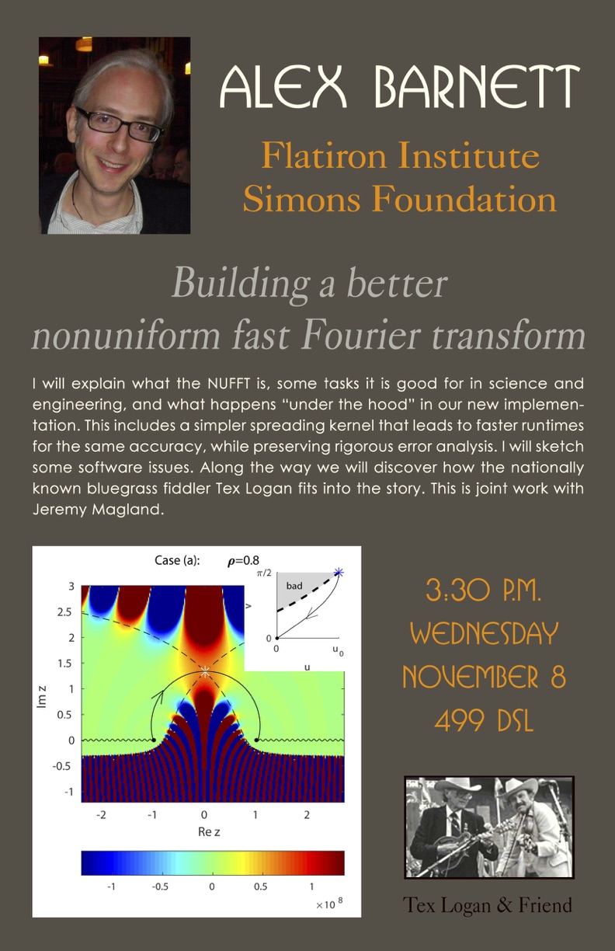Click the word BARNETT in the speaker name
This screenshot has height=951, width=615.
[477, 86]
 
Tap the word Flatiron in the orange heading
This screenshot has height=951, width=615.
[323, 155]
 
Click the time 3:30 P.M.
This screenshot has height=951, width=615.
[484, 590]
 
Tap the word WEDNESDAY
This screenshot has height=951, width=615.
[484, 633]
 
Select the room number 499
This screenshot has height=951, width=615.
[460, 720]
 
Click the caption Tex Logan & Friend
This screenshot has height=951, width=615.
[487, 904]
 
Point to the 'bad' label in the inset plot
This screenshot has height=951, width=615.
[294, 586]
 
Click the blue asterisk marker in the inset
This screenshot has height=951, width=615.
[339, 573]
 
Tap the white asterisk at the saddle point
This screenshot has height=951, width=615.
[205, 671]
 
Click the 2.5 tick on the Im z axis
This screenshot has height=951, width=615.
[65, 611]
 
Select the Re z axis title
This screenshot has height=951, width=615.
[209, 831]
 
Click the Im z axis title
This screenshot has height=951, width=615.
[41, 696]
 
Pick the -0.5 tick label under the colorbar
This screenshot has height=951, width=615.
[160, 887]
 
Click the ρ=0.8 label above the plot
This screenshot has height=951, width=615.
[243, 561]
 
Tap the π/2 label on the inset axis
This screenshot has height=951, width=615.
[263, 573]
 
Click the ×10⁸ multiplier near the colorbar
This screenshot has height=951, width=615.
[329, 904]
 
